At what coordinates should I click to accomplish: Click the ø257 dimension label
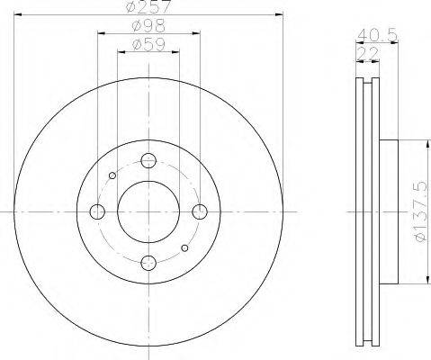coord(148,6)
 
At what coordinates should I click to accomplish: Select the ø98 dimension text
coord(148,26)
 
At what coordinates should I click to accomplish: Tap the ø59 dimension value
coord(148,45)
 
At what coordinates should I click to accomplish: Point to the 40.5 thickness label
coord(377,35)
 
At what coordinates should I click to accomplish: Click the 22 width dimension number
coord(368,54)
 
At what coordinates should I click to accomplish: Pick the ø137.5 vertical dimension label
coord(419,211)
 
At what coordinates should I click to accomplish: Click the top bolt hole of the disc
coord(148,160)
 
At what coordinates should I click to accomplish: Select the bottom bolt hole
coord(148,263)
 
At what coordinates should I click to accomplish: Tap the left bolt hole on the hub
coord(97,211)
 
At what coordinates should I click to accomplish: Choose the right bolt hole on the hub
coord(200,211)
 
